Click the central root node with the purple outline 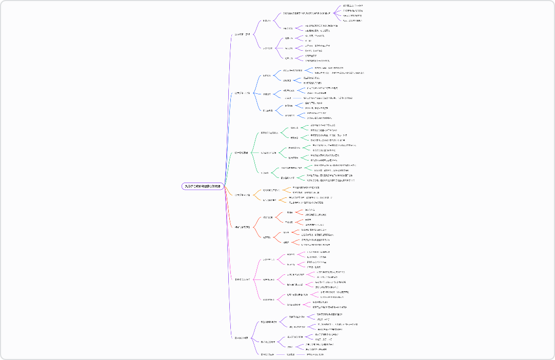coord(203,186)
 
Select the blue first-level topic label coord(242,93)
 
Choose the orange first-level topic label coord(242,195)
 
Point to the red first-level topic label coord(242,227)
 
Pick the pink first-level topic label coord(242,279)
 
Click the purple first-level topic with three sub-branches coord(243,34)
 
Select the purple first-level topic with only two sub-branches coord(242,338)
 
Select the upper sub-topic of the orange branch coord(270,190)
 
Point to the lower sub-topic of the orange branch coord(270,200)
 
